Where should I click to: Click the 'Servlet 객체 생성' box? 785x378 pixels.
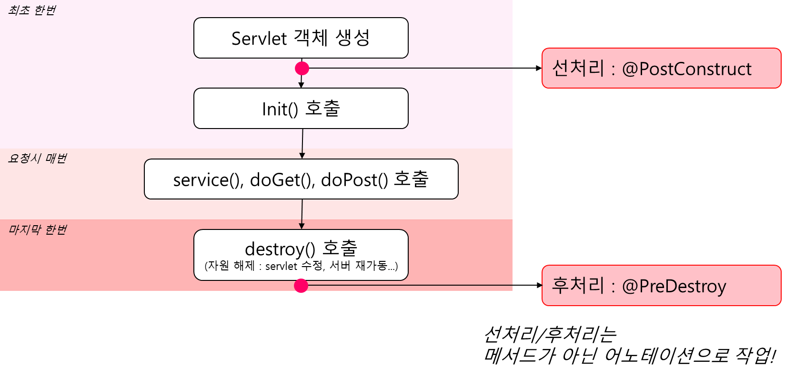tap(301, 38)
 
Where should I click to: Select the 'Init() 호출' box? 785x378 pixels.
tap(301, 108)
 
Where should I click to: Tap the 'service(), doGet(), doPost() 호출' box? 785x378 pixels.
tap(301, 179)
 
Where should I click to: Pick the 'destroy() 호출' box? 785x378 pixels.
tap(301, 255)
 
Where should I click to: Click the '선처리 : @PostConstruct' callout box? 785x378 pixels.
tap(661, 68)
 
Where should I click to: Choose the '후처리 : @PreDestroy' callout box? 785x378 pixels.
tap(661, 286)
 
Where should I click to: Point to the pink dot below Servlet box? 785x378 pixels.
tap(302, 68)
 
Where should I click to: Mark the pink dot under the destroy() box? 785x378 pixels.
tap(301, 286)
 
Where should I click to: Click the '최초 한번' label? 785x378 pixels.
tap(32, 10)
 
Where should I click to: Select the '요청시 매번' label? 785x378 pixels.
tap(37, 159)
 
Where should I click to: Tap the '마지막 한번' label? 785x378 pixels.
tap(37, 229)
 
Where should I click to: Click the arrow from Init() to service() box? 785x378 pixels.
tap(302, 144)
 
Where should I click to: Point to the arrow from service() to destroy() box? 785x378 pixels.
tap(302, 214)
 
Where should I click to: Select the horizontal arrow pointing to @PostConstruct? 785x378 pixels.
tap(425, 68)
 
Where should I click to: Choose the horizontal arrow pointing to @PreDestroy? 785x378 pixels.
tap(425, 286)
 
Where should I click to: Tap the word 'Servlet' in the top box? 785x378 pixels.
tap(259, 39)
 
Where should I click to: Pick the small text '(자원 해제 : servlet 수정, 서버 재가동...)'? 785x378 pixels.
tap(301, 266)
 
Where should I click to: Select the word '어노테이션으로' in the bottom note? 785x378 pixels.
tap(666, 356)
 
